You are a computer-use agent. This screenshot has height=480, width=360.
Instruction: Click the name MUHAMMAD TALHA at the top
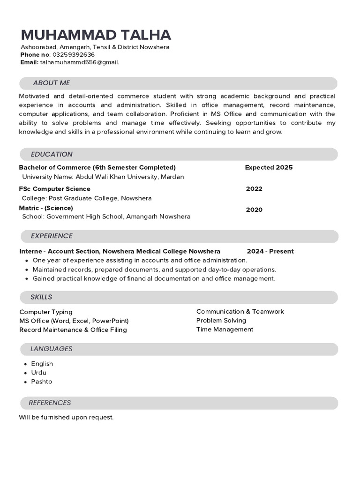(x=96, y=35)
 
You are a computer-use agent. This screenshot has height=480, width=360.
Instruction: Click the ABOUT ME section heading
(x=51, y=83)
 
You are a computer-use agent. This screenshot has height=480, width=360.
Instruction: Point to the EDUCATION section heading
(x=52, y=154)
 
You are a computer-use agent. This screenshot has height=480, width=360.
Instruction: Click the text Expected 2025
(x=269, y=167)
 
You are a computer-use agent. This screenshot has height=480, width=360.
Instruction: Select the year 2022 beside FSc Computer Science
(x=254, y=189)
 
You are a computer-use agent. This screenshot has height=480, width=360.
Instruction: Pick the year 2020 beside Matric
(x=254, y=210)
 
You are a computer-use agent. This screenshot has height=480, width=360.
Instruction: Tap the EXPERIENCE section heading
(x=52, y=236)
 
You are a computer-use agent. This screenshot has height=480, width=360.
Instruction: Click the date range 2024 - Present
(x=270, y=251)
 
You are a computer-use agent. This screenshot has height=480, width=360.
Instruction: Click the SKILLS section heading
(x=41, y=297)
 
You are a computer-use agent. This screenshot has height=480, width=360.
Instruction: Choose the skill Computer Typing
(x=46, y=312)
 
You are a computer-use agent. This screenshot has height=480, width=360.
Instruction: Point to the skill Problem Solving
(x=221, y=321)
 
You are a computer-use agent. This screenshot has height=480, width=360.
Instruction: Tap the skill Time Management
(x=225, y=330)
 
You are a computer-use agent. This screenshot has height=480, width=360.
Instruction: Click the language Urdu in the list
(x=38, y=373)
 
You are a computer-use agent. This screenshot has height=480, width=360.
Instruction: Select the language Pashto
(x=41, y=382)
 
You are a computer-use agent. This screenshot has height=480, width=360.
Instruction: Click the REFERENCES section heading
(x=50, y=403)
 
